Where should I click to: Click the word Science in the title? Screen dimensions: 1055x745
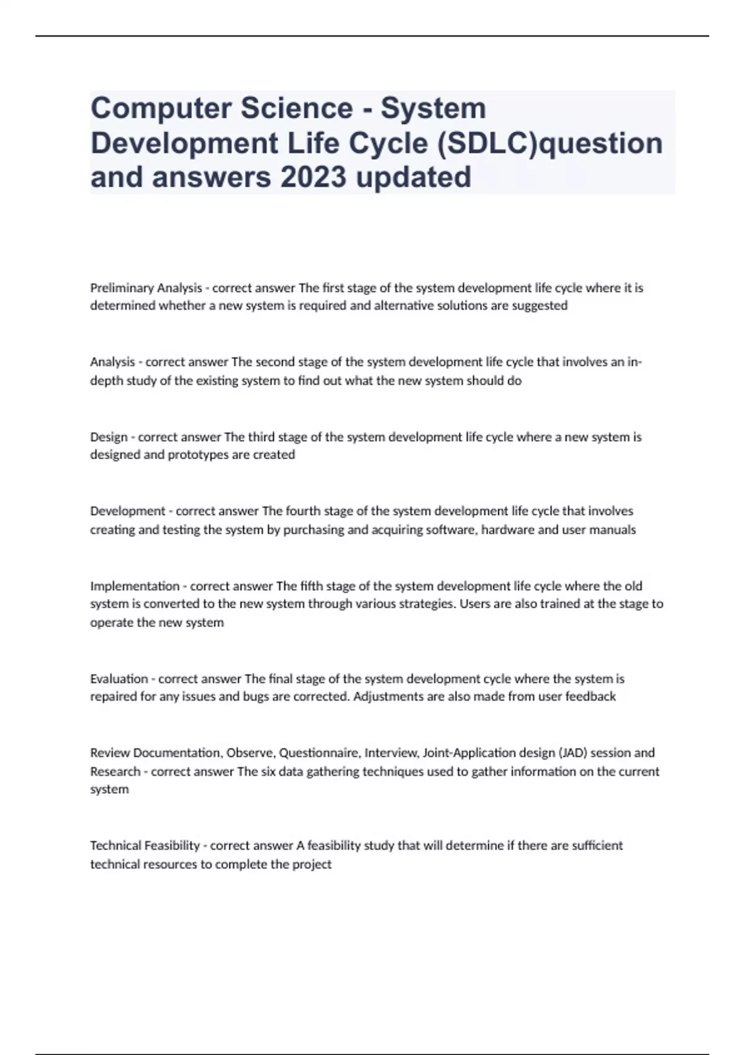point(297,108)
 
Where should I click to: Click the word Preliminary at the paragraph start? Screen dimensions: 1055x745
point(122,288)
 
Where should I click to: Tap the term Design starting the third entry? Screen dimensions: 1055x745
point(109,437)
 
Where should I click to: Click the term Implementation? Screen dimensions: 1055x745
point(135,586)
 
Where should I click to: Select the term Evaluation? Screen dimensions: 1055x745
point(119,679)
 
